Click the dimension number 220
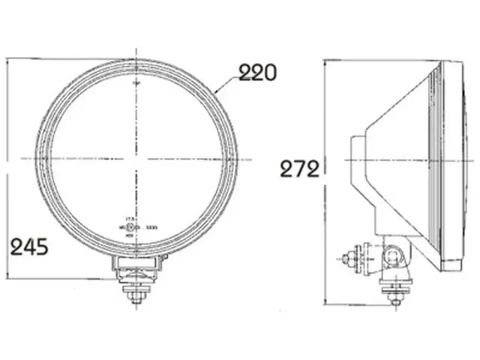point(257,73)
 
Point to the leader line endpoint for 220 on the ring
point(215,91)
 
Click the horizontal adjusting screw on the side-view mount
point(349,259)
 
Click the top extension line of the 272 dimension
point(375,60)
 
